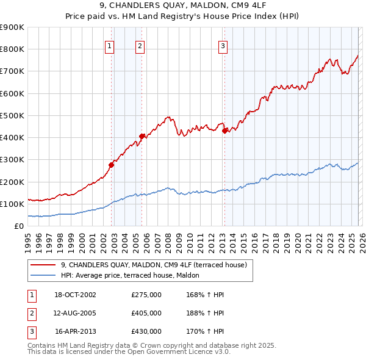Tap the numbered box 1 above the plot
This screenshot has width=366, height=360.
point(109,45)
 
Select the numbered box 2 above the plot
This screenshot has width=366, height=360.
point(140,45)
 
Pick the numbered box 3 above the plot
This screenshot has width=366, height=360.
point(223,45)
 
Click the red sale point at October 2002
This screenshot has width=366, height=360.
point(112,164)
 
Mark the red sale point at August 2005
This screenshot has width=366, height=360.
point(142,136)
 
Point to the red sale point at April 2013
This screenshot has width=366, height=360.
point(224,130)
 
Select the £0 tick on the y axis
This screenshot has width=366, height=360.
point(18,226)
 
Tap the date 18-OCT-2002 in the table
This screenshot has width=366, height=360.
point(76,295)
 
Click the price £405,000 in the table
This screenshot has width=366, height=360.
point(146,313)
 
